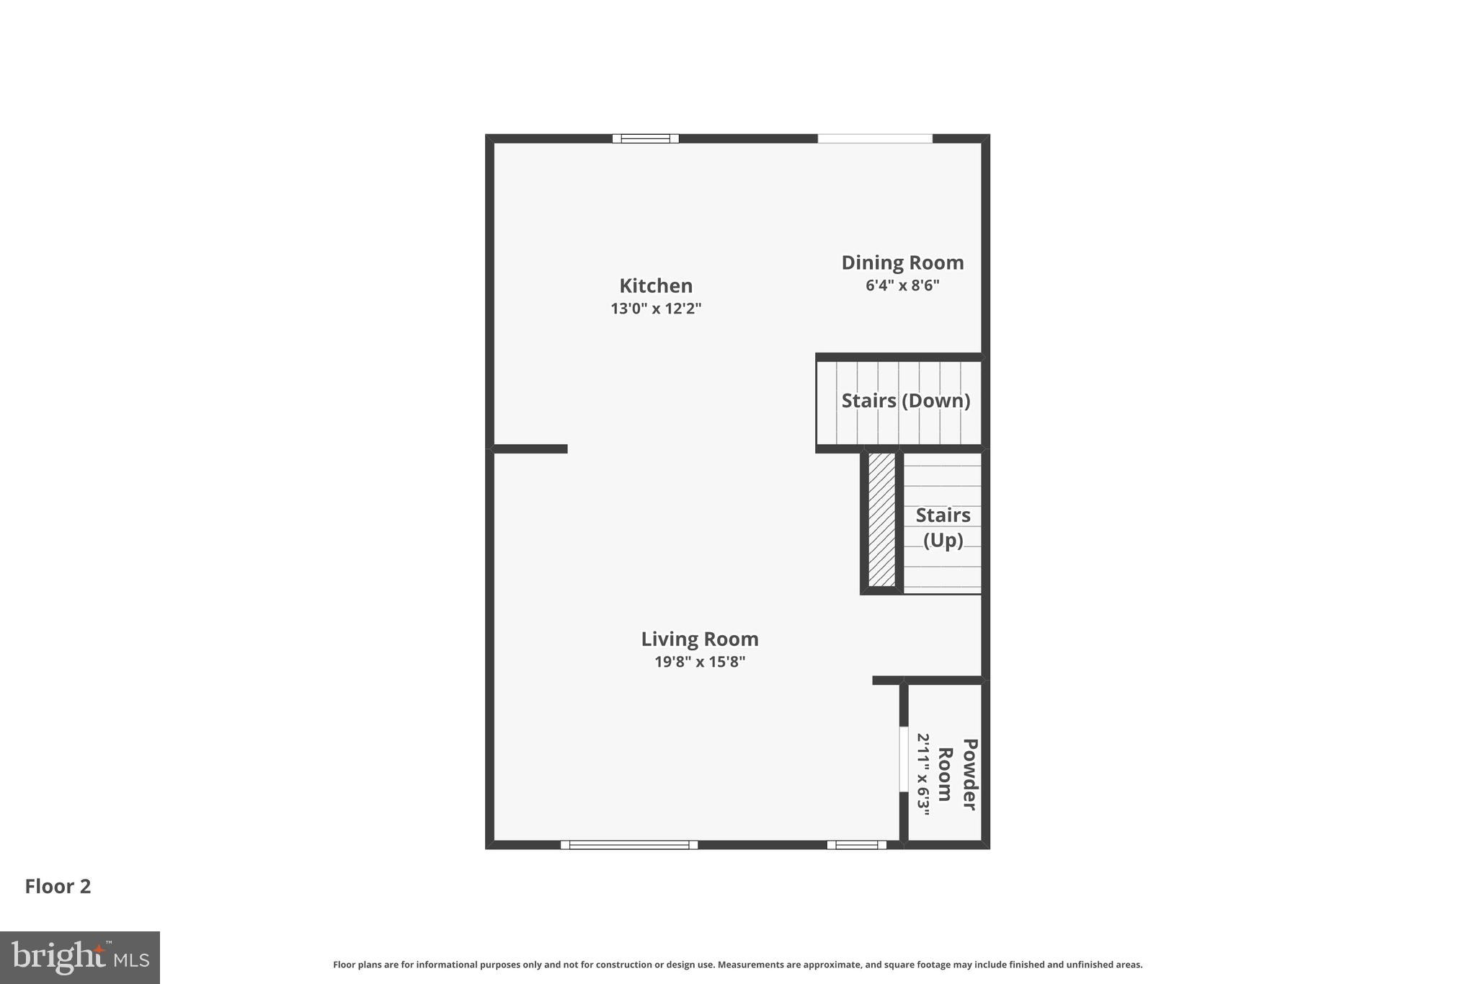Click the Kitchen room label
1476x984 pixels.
[655, 285]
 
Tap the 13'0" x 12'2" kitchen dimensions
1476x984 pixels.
[655, 309]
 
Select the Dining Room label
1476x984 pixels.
[902, 262]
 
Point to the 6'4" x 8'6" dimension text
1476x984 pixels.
[902, 285]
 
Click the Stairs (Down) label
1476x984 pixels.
[905, 401]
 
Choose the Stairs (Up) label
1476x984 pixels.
[943, 527]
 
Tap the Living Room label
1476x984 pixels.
[699, 639]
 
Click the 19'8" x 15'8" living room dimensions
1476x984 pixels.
[699, 662]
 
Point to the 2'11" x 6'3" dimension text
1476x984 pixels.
[924, 774]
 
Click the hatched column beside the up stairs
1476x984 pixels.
[881, 519]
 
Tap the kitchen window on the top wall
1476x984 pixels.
[645, 138]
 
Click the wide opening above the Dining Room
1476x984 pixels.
[874, 138]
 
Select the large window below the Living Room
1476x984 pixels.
[628, 845]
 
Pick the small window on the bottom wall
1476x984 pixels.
[856, 845]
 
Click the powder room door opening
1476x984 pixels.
[903, 759]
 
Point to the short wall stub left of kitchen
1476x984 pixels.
[530, 449]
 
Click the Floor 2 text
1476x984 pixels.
[58, 887]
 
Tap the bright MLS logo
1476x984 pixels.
[79, 957]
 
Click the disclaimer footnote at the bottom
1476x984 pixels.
[737, 965]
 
